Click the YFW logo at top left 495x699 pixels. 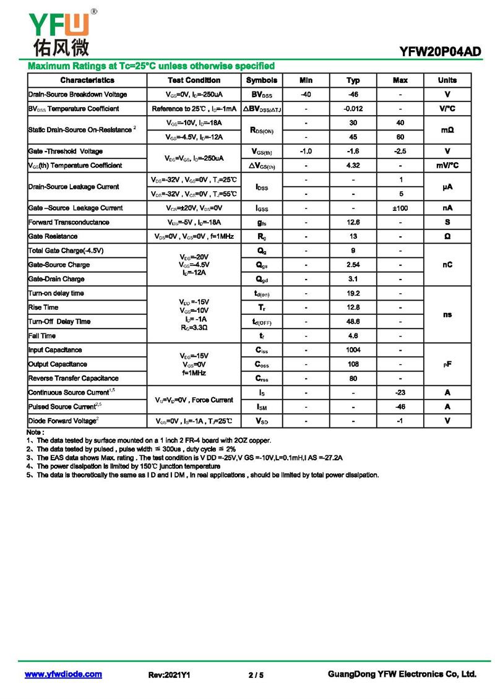click(59, 31)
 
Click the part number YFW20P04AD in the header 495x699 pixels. click(441, 52)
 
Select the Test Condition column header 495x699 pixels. click(194, 80)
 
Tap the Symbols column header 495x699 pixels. click(262, 80)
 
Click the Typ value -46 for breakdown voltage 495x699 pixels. click(353, 95)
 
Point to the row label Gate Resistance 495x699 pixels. click(53, 236)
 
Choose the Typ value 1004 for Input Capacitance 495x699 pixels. click(353, 350)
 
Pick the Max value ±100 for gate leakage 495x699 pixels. click(400, 208)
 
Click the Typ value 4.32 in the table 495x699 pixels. click(353, 166)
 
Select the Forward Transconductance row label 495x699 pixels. click(69, 222)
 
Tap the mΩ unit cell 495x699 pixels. click(447, 130)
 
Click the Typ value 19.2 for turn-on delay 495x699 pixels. click(353, 293)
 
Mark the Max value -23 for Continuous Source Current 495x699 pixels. click(400, 393)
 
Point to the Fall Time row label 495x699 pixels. click(42, 336)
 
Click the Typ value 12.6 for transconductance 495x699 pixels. click(353, 222)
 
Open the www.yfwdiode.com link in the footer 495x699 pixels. click(63, 674)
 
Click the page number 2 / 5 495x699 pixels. click(256, 675)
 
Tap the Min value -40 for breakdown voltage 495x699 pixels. click(306, 95)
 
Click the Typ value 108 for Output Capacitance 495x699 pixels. click(353, 364)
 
